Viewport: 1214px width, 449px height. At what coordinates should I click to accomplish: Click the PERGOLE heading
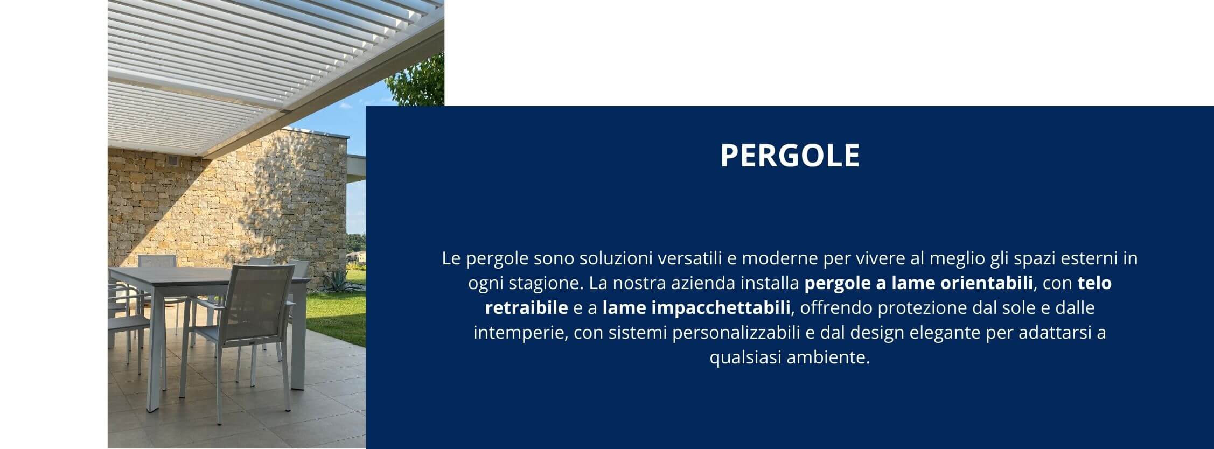click(790, 155)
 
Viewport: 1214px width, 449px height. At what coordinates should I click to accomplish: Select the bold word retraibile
click(526, 308)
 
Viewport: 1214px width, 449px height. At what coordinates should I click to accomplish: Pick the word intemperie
click(520, 333)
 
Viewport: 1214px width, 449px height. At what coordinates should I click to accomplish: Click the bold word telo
click(1094, 283)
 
